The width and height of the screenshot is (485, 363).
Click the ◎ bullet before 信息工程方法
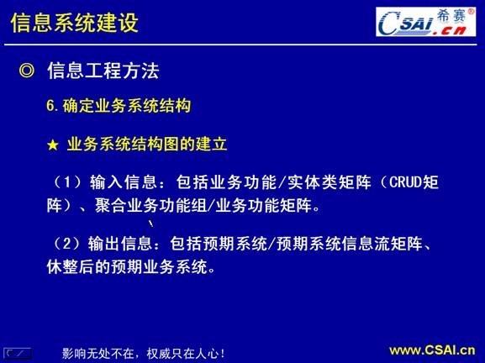click(26, 71)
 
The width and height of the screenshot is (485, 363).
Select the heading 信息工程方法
click(103, 71)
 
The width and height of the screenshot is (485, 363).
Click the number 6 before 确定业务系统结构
click(51, 107)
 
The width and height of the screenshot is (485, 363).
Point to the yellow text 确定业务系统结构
click(127, 107)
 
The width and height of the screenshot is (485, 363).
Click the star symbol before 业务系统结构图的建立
click(52, 145)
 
